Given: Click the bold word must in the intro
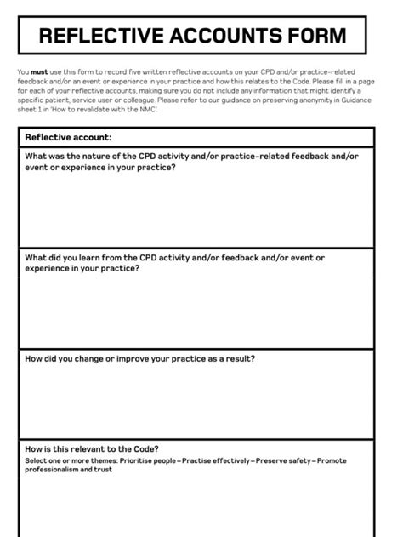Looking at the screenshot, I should coord(37,72).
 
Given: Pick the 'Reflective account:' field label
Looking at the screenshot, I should coord(68,136).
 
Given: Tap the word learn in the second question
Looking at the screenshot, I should coord(88,257).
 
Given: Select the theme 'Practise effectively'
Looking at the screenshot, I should coord(217,460).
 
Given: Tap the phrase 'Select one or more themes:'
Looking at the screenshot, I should coord(71,460).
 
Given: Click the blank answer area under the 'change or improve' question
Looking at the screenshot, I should coord(201,400).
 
